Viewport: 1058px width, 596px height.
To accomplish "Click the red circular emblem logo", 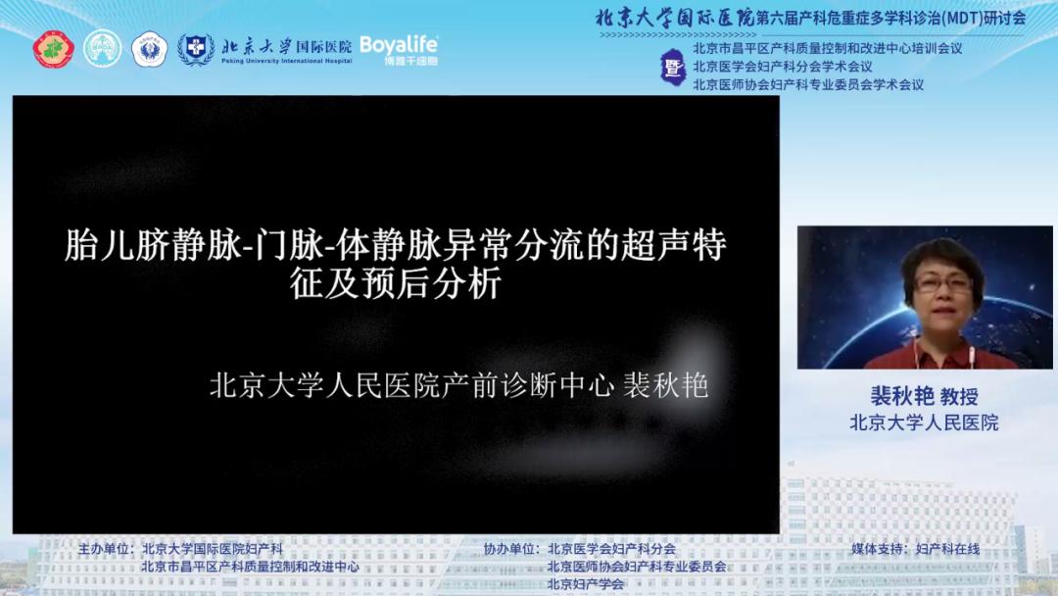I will (x=54, y=49).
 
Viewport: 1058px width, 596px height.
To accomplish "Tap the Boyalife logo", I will (x=398, y=49).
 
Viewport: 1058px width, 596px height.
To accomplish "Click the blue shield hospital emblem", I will (x=196, y=49).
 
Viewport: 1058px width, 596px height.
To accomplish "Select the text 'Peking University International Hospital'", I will (x=286, y=61).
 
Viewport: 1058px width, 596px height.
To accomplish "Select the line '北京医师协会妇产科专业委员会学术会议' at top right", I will (x=807, y=84).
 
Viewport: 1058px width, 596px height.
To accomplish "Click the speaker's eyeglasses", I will (x=943, y=283).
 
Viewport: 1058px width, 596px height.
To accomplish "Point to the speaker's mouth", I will (x=942, y=316).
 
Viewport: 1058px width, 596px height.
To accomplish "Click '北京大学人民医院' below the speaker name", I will (x=924, y=422).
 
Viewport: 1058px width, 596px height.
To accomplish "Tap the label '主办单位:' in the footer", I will (x=106, y=549).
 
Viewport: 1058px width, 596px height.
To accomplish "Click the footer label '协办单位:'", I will (x=512, y=549).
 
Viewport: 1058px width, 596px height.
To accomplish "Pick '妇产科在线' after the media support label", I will (x=947, y=549).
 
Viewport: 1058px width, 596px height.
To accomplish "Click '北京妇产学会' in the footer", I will (x=586, y=584).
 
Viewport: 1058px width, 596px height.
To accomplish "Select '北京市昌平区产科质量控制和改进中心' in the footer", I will (x=250, y=567).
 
